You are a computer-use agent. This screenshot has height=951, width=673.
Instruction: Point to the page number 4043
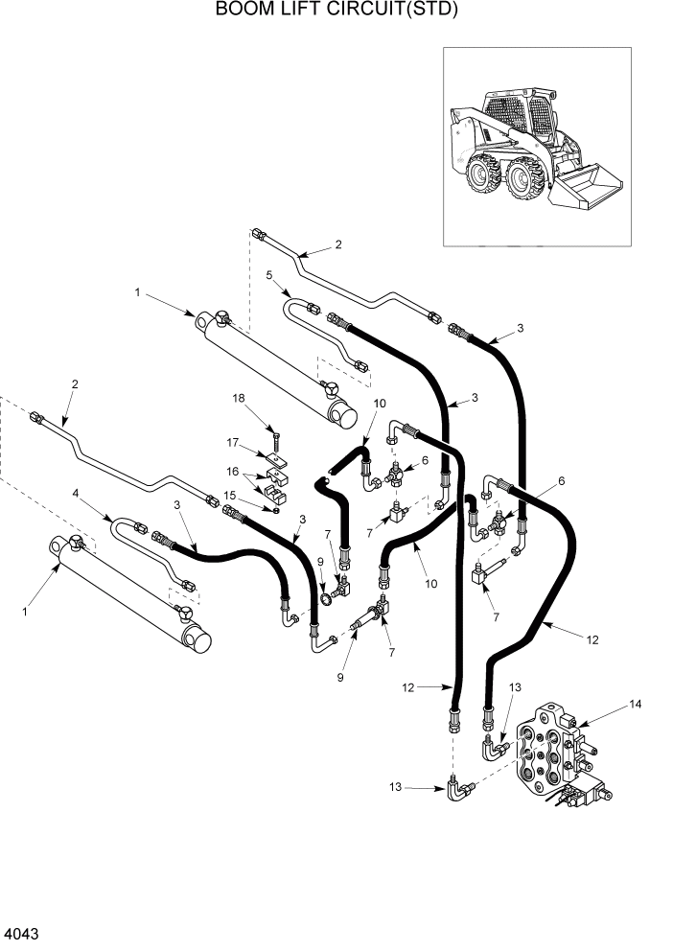[x=24, y=932]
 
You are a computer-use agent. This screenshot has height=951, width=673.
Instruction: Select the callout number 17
[x=231, y=442]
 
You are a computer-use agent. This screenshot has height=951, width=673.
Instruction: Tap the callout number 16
[x=231, y=472]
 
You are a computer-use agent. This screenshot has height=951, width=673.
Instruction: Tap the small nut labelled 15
[x=276, y=510]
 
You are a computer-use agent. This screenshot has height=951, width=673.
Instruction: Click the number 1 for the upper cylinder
[x=138, y=294]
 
